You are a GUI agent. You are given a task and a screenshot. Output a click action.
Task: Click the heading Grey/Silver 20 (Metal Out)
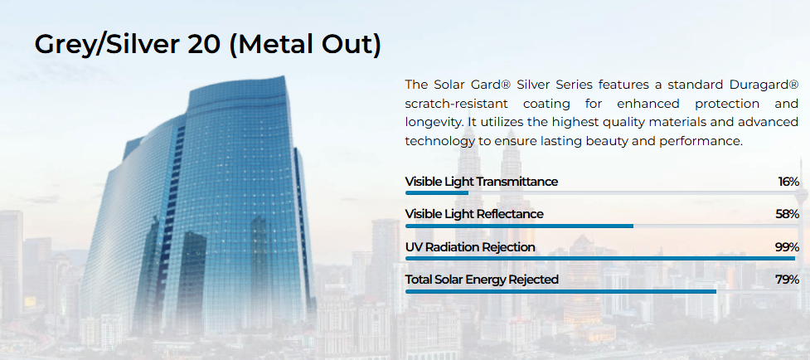tap(207, 45)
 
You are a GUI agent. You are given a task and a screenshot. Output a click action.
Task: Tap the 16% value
tap(788, 182)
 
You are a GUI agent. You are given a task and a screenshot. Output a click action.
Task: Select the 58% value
tap(788, 214)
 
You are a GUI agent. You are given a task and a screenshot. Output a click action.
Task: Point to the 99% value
tap(788, 247)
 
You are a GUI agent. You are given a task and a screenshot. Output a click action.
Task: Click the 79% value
tap(788, 280)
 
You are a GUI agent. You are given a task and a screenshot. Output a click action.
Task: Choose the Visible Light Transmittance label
tap(482, 182)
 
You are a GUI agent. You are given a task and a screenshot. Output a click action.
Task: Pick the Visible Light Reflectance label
tap(474, 214)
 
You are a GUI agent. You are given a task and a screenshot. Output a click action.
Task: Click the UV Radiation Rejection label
tap(470, 247)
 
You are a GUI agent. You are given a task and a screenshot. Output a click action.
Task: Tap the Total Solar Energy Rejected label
tap(482, 280)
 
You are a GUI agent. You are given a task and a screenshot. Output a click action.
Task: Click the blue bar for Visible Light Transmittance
tap(437, 193)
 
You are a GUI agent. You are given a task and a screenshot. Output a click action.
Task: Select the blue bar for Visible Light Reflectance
tap(519, 226)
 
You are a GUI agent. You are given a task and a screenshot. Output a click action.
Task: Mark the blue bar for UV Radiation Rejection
tap(600, 258)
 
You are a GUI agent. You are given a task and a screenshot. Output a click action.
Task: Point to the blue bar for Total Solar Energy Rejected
tap(561, 291)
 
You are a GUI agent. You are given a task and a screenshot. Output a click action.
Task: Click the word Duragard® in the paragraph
tap(765, 84)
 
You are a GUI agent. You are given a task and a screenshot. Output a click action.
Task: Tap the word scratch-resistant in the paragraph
tap(456, 104)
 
